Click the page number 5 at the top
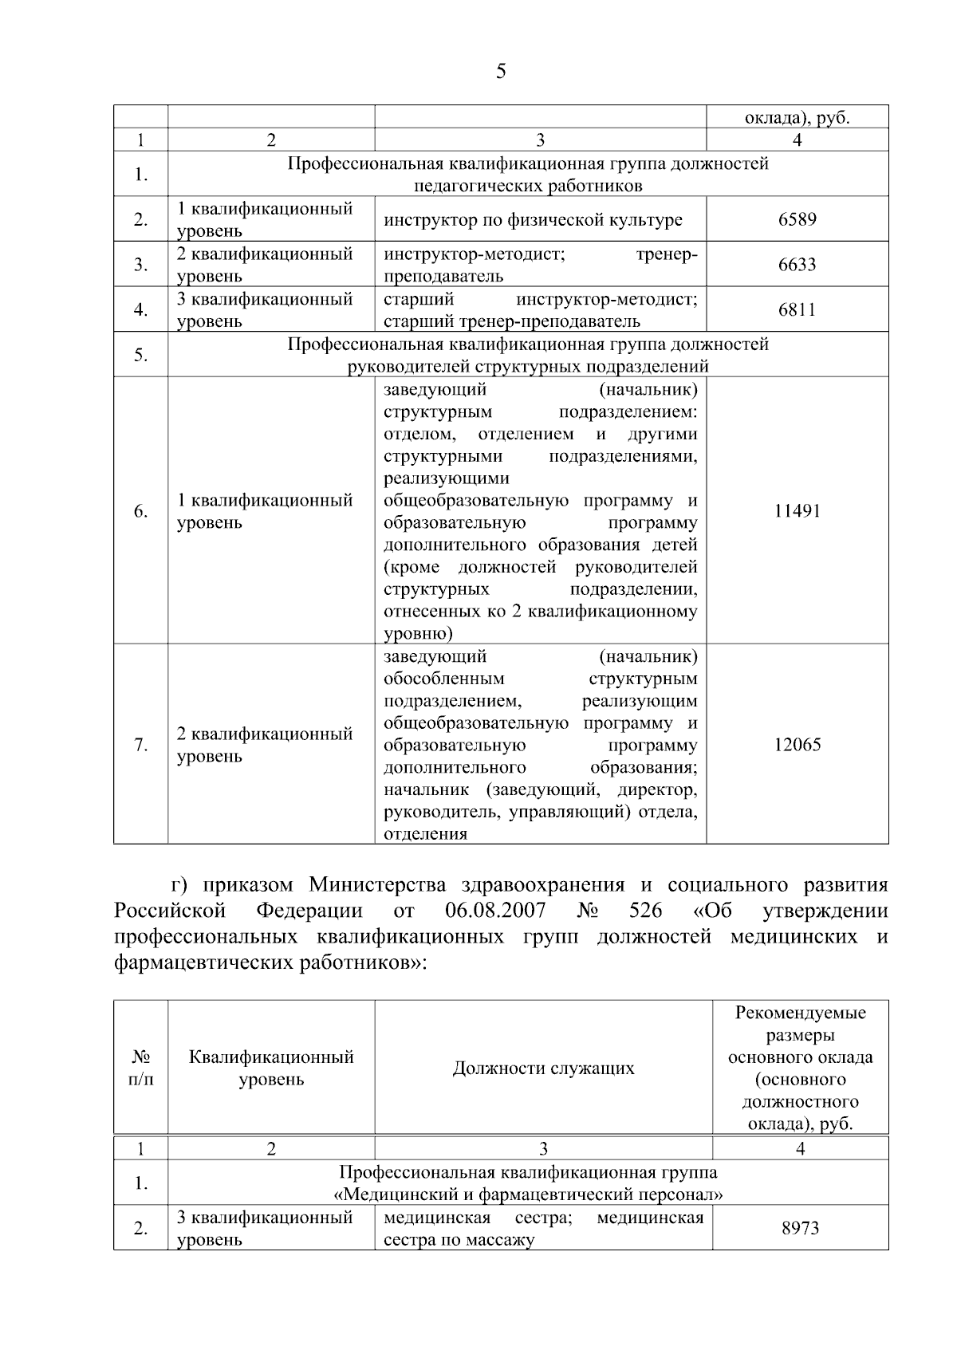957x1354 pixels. tap(501, 72)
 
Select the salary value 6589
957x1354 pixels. tap(797, 219)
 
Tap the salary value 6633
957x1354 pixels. tap(797, 265)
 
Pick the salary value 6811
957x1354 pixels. tap(797, 309)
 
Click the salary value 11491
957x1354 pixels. tap(797, 511)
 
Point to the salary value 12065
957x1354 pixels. tap(797, 745)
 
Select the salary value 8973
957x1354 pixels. tap(800, 1229)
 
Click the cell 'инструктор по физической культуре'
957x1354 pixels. tap(533, 220)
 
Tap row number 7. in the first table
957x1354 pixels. tap(140, 745)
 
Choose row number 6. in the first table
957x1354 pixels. tap(140, 511)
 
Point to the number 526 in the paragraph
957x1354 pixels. tap(645, 911)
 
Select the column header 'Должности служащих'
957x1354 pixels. tap(543, 1069)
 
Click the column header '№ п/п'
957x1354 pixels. tap(140, 1069)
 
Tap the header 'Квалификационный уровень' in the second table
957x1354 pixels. tap(271, 1069)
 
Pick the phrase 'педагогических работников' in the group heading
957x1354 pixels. tap(528, 186)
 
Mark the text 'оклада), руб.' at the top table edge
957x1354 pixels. tap(797, 119)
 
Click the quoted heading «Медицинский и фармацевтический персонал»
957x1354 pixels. tap(528, 1195)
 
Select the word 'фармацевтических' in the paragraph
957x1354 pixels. tap(203, 962)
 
